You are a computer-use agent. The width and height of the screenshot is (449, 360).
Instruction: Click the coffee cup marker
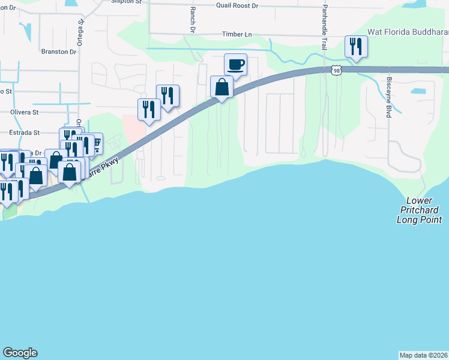(x=235, y=64)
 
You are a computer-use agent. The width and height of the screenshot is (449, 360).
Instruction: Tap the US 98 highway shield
(x=337, y=70)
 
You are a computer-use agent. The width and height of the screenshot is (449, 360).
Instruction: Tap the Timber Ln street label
(x=237, y=35)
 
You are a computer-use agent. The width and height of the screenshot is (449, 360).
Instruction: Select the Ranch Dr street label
(x=193, y=20)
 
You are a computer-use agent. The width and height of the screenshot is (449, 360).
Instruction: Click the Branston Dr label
(x=59, y=52)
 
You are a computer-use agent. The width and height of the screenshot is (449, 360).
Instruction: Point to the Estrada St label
(x=24, y=133)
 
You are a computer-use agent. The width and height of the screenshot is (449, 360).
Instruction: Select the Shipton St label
(x=127, y=2)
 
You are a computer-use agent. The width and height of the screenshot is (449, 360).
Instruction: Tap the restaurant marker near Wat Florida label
(x=356, y=47)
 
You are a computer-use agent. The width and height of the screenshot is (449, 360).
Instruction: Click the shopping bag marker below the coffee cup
(x=221, y=87)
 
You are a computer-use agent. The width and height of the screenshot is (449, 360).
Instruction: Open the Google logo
(x=20, y=353)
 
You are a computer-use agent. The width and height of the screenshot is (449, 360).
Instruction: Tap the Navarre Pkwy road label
(x=105, y=166)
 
